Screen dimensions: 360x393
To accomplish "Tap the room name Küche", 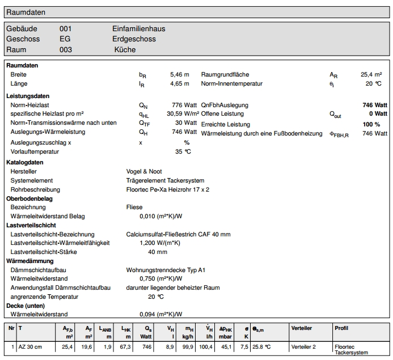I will tap(125, 50).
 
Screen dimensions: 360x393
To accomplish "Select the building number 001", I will tap(66, 28).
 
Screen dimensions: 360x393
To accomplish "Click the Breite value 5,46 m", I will tap(179, 74).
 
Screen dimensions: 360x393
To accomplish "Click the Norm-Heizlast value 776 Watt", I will tap(184, 105).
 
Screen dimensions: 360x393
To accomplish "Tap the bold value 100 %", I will tap(371, 124).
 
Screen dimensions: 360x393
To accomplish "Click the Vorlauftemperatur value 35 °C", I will tap(183, 151).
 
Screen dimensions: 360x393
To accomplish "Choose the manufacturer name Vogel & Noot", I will tap(145, 171).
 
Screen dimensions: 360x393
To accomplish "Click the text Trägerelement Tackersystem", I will tap(165, 180).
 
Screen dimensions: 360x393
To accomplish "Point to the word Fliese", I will tap(134, 207).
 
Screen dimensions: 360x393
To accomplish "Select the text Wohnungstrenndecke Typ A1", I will tap(166, 270).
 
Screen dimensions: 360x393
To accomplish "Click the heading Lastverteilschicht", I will tap(31, 225).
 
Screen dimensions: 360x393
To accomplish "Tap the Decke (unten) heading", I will tap(27, 306).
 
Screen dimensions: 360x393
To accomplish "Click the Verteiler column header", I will tap(301, 328).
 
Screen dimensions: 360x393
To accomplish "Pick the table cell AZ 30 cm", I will tap(31, 347).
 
